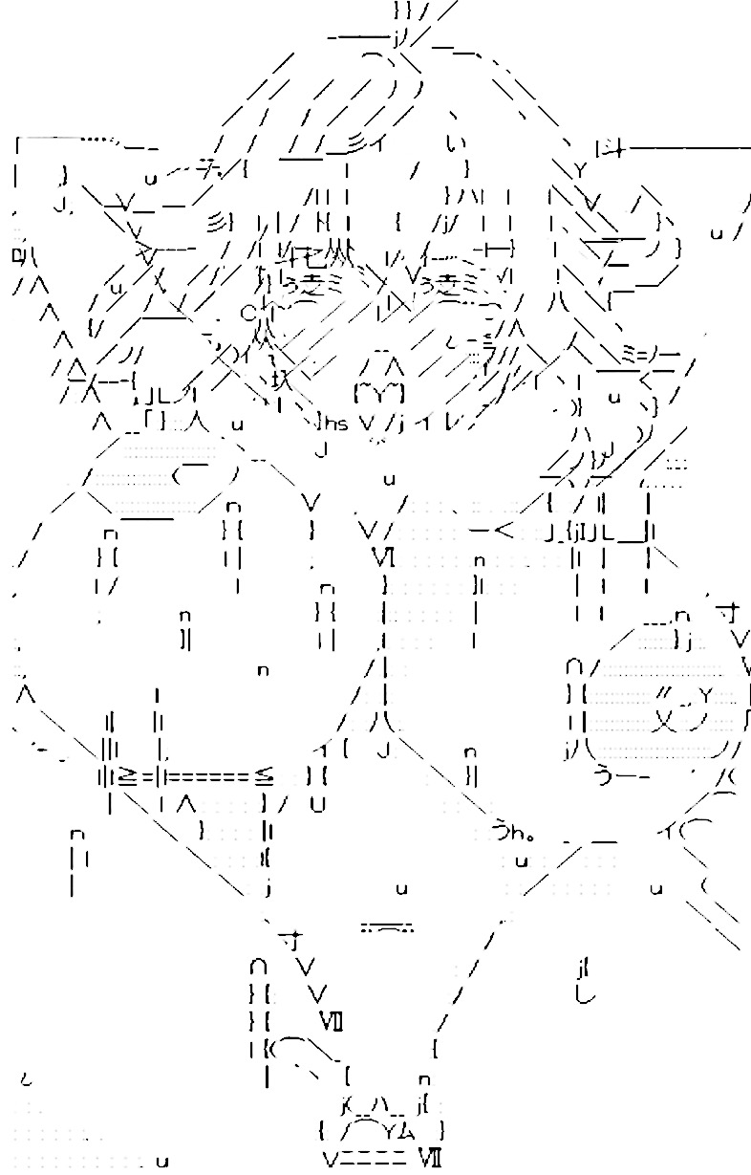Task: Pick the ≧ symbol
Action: (124, 776)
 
